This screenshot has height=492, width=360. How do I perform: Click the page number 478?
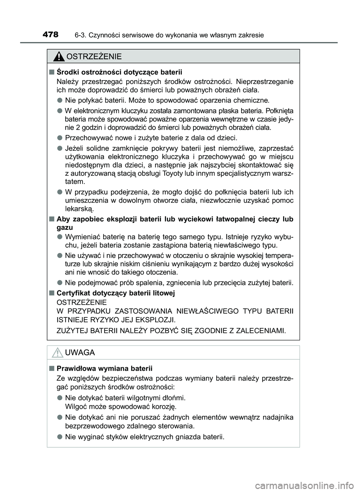point(50,35)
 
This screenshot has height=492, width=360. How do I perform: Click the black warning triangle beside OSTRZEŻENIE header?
point(58,57)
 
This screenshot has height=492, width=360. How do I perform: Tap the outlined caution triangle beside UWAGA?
point(58,353)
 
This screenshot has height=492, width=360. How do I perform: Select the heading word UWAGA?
point(80,353)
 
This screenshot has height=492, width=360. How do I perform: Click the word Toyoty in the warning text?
point(174,173)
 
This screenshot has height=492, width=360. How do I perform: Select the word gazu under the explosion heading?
point(64,227)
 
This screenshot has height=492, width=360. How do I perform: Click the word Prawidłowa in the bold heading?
point(74,368)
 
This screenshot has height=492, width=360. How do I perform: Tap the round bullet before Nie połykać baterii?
point(60,100)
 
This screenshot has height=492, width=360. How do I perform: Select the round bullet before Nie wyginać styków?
point(60,437)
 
